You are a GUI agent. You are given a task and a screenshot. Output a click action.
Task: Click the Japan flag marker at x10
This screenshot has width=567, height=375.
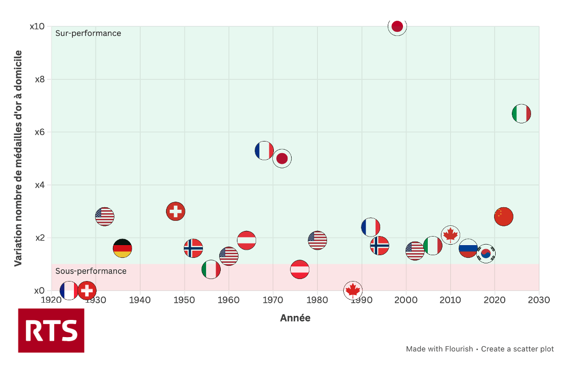pyautogui.click(x=397, y=26)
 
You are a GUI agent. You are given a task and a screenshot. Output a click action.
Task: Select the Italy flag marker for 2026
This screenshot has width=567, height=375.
pyautogui.click(x=521, y=114)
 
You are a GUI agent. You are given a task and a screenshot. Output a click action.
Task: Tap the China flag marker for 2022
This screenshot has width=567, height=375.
pyautogui.click(x=503, y=216)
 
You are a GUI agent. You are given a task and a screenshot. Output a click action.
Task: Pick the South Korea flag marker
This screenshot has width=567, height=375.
pyautogui.click(x=486, y=254)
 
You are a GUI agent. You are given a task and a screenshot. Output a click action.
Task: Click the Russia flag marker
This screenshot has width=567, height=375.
pyautogui.click(x=468, y=248)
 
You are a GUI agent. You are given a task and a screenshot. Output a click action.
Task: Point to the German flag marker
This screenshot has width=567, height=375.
pyautogui.click(x=122, y=248)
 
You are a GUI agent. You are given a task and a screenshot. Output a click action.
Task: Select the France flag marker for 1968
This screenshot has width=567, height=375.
pyautogui.click(x=264, y=151)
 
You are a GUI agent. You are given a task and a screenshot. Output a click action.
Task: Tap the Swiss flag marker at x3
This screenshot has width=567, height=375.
pyautogui.click(x=176, y=211)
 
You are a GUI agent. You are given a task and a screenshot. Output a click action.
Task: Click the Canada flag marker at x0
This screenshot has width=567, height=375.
pyautogui.click(x=353, y=290)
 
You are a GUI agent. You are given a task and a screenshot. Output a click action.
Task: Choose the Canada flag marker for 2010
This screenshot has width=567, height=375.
pyautogui.click(x=451, y=235)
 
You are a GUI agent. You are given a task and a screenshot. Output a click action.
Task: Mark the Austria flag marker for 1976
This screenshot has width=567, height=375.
pyautogui.click(x=300, y=269)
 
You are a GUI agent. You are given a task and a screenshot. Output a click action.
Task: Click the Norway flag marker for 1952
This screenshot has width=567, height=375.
pyautogui.click(x=193, y=248)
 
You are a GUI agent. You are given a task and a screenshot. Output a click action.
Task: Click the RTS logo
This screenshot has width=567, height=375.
pyautogui.click(x=51, y=331)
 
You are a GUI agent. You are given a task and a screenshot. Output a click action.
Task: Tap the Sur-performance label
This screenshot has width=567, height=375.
pyautogui.click(x=88, y=33)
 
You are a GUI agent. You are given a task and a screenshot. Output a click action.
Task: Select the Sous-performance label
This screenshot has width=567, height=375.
pyautogui.click(x=91, y=271)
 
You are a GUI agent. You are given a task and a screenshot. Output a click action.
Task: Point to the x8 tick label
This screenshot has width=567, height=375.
pyautogui.click(x=40, y=79)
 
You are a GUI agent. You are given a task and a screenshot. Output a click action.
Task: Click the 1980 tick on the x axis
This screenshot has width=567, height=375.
pyautogui.click(x=317, y=300)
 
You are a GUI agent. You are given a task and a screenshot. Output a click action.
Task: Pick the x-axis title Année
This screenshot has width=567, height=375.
pyautogui.click(x=295, y=318)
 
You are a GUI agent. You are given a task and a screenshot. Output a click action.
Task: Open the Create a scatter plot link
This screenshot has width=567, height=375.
pyautogui.click(x=517, y=349)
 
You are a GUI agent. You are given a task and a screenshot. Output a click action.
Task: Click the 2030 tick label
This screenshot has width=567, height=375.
pyautogui.click(x=539, y=300)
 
